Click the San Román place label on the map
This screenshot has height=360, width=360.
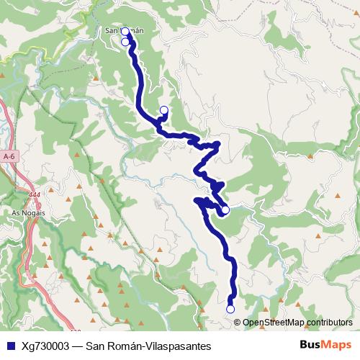point(125,31)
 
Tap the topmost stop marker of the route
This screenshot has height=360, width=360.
point(125,32)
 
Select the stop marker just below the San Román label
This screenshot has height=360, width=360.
point(125,42)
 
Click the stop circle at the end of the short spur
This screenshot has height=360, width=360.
point(163,109)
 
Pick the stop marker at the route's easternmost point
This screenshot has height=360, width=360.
point(225,210)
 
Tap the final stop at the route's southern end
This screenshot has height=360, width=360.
point(230,309)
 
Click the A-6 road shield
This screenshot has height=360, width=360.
point(9,156)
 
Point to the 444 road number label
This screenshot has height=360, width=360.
point(35,194)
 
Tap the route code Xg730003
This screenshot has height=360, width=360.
point(46,345)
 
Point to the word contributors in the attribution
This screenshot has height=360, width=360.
point(329,322)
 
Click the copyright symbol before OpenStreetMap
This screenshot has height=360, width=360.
point(238,322)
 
